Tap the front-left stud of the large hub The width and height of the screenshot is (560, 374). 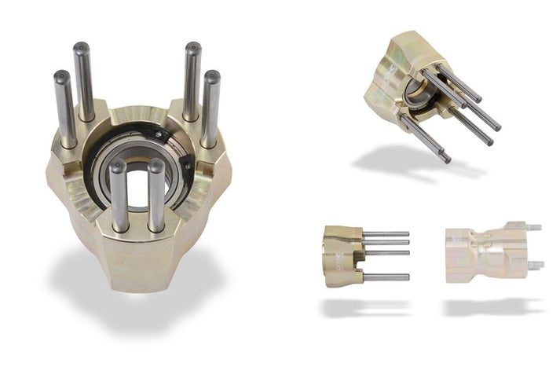click(119, 196)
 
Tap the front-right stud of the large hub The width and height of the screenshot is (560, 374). click(156, 194)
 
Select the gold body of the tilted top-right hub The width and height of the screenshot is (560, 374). click(393, 71)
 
